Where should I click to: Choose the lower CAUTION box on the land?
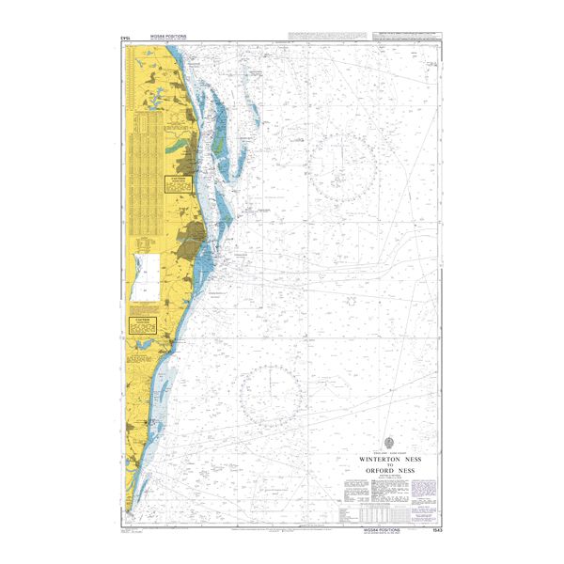point(140,324)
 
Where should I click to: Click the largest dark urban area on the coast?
point(194,234)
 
